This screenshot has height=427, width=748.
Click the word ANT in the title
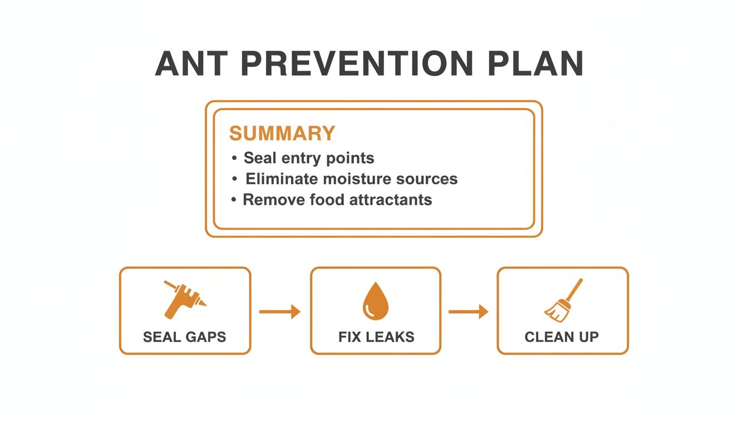(191, 63)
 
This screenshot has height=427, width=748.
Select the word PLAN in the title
(535, 63)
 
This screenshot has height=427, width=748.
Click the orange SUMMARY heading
(282, 133)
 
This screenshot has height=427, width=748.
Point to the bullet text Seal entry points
(309, 158)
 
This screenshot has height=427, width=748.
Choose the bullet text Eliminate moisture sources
(352, 179)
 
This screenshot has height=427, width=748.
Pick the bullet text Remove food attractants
(337, 200)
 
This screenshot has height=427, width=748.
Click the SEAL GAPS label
(185, 337)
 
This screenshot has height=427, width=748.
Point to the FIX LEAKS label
(376, 337)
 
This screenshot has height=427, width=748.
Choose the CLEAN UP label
(562, 337)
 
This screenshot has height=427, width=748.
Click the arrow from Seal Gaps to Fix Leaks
(280, 312)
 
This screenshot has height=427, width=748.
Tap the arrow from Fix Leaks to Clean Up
(469, 312)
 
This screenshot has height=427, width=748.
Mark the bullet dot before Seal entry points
(234, 159)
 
